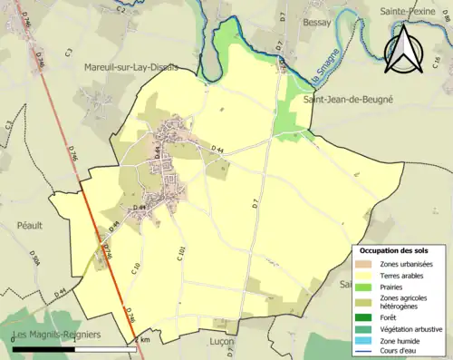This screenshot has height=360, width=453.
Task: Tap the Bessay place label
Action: [318, 22]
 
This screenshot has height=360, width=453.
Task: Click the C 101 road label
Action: [181, 253]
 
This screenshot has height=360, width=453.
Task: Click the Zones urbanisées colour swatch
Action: [368, 264]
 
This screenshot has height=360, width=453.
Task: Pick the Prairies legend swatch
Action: [368, 287]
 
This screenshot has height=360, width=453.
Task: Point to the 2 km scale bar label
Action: [142, 340]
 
